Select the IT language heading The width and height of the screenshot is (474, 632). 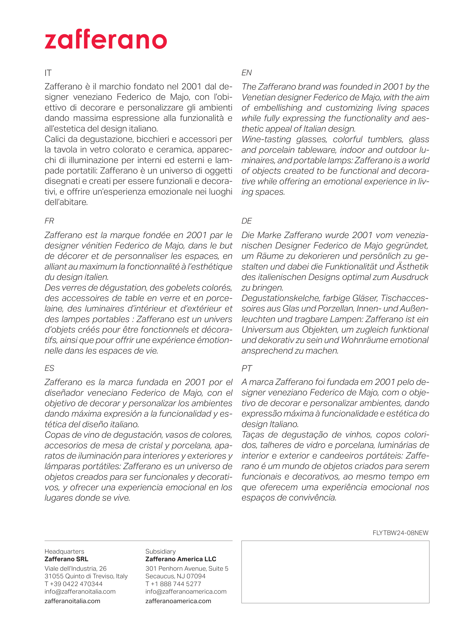tap(48, 73)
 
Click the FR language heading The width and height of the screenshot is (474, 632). tap(49, 221)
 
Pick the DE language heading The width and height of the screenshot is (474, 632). tap(247, 221)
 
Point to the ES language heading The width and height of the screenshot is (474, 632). tap(49, 368)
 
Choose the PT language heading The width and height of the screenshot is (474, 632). tap(247, 368)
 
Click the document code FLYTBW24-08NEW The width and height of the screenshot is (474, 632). tap(400, 533)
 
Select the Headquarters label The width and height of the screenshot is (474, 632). tap(64, 551)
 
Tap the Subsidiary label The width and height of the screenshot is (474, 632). tap(160, 551)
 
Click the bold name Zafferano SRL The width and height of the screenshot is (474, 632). tap(66, 559)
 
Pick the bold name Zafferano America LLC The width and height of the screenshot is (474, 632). tap(181, 559)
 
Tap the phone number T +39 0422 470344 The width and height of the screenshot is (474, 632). tap(73, 584)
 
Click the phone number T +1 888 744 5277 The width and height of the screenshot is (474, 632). tap(173, 584)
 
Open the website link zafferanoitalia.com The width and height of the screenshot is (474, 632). tap(72, 601)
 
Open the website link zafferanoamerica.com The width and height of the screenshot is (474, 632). tap(178, 601)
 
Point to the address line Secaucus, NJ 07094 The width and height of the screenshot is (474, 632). tap(175, 576)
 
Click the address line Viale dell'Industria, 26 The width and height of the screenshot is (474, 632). tap(75, 569)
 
